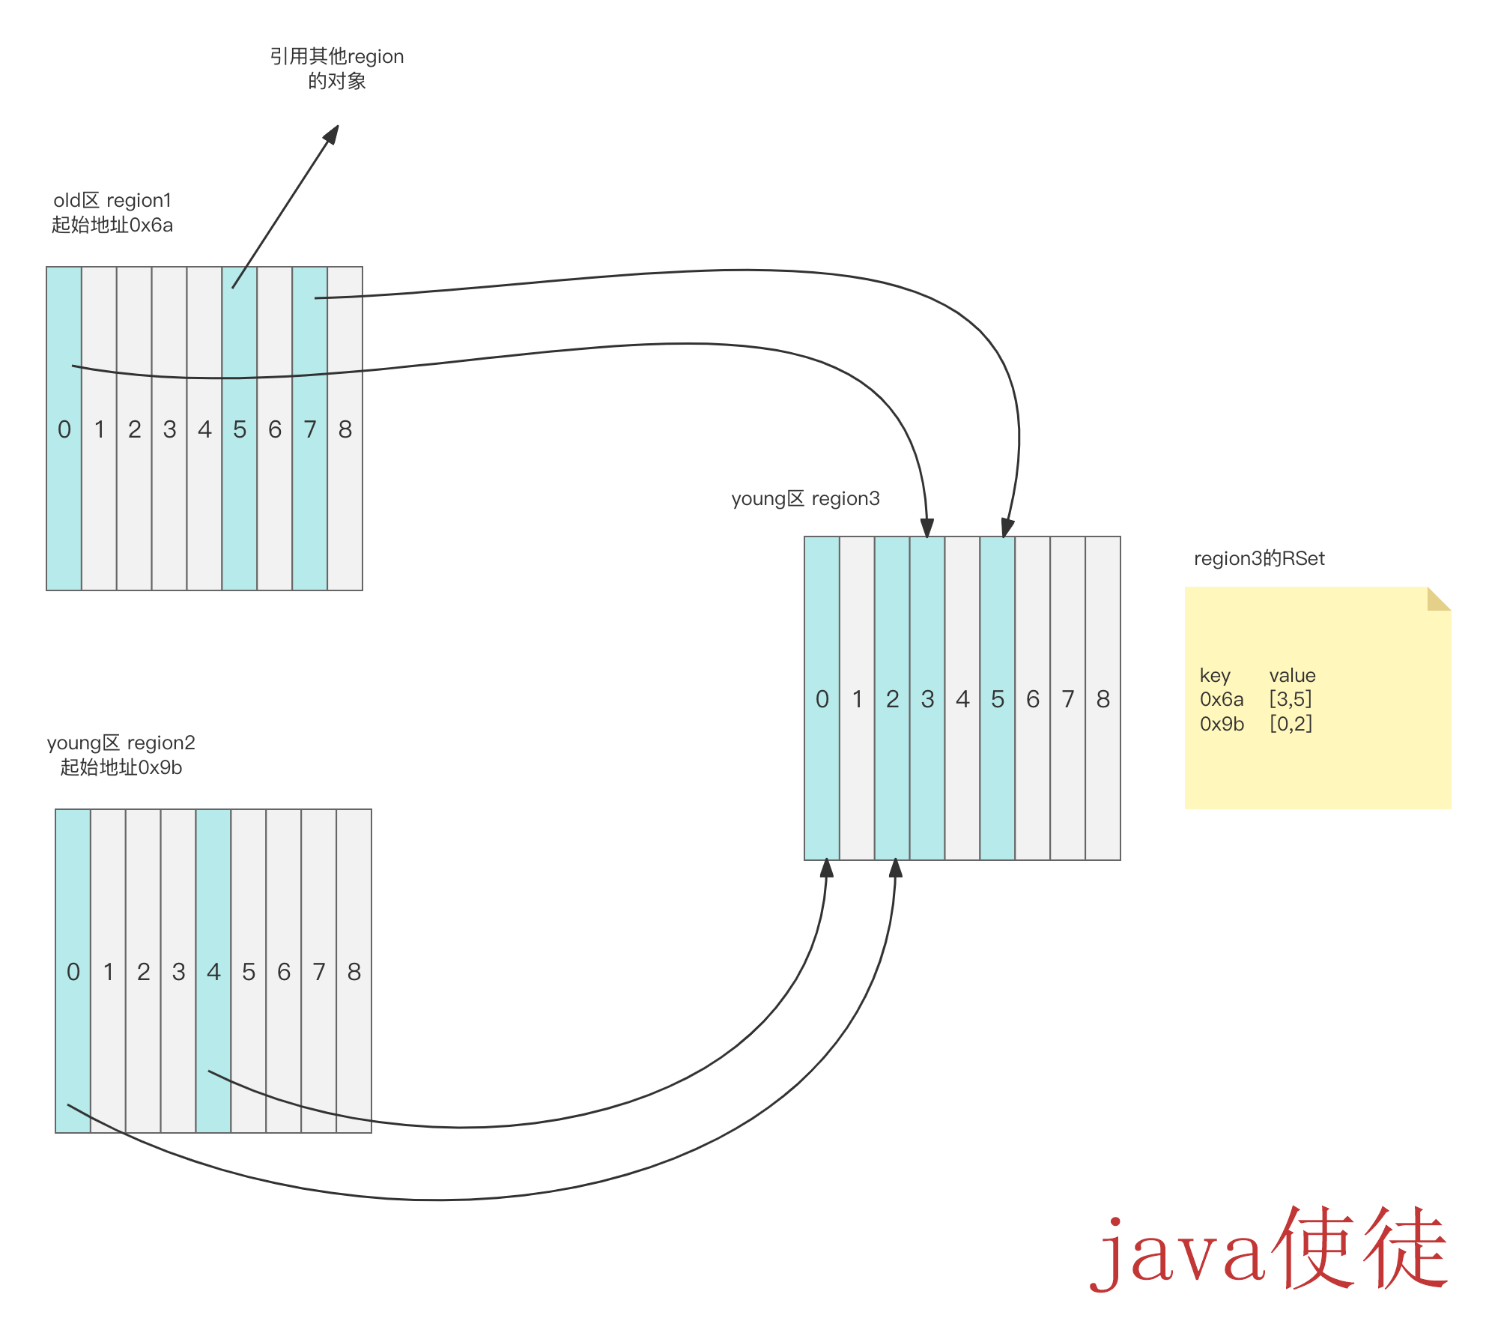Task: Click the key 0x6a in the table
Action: click(x=1222, y=699)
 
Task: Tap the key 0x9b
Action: click(x=1222, y=724)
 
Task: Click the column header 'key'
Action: click(x=1215, y=675)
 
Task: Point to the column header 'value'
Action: click(x=1292, y=675)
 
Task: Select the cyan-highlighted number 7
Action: click(x=310, y=429)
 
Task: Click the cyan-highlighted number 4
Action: click(x=213, y=972)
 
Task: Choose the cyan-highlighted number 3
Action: click(x=927, y=699)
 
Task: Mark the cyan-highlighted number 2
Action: click(x=892, y=699)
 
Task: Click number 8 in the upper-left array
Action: click(x=345, y=429)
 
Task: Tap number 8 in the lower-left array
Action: click(x=354, y=972)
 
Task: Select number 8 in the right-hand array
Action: click(x=1103, y=699)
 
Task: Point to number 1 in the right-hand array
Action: click(x=857, y=699)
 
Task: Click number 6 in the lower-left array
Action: click(x=284, y=972)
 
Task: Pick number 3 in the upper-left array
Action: click(x=170, y=429)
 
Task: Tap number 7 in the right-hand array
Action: click(x=1068, y=699)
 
